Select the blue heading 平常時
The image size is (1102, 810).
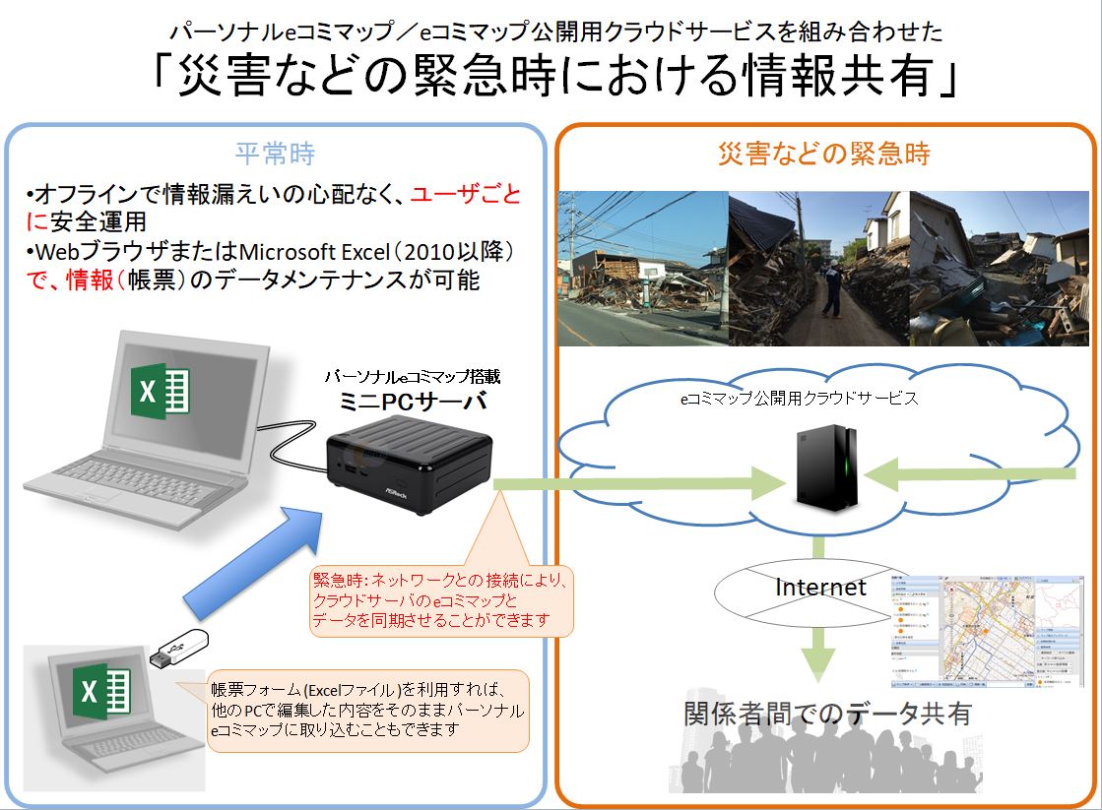(275, 154)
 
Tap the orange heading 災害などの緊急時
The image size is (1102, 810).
(823, 154)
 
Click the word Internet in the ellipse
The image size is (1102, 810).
(820, 588)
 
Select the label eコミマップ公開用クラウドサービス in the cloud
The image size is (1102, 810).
(800, 399)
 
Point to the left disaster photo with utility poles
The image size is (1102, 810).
(642, 268)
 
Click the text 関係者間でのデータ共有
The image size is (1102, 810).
(827, 714)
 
